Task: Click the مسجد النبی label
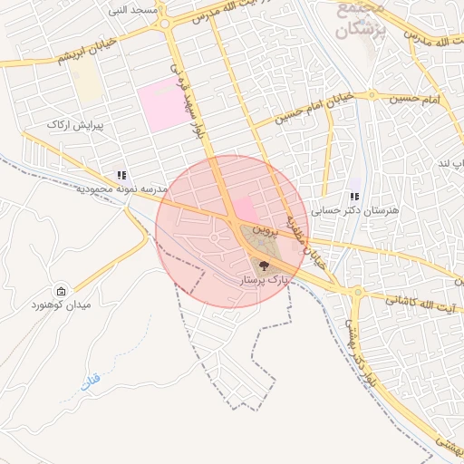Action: pyautogui.click(x=132, y=10)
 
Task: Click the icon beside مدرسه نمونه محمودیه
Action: pyautogui.click(x=121, y=175)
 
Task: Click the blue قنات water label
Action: pyautogui.click(x=90, y=382)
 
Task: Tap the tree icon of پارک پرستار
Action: pyautogui.click(x=264, y=266)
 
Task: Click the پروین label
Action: pyautogui.click(x=262, y=231)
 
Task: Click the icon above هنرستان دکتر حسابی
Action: pyautogui.click(x=353, y=196)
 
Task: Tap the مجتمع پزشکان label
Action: pyautogui.click(x=361, y=18)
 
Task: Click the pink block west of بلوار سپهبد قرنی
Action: pyautogui.click(x=164, y=102)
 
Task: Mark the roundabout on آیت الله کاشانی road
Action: pyautogui.click(x=357, y=292)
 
